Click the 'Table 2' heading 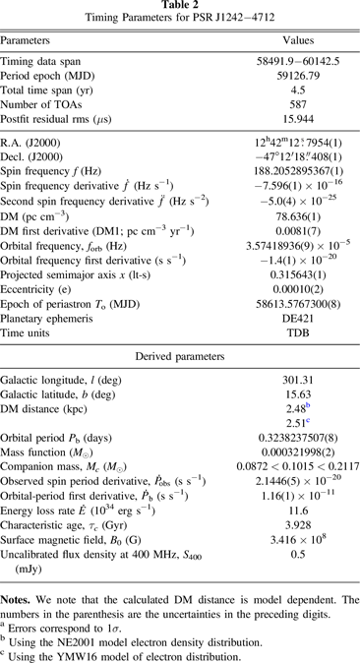(x=180, y=6)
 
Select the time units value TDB (x=283, y=344)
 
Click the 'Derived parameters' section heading (x=180, y=369)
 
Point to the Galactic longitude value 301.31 (x=283, y=394)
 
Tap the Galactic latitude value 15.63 (x=283, y=409)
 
